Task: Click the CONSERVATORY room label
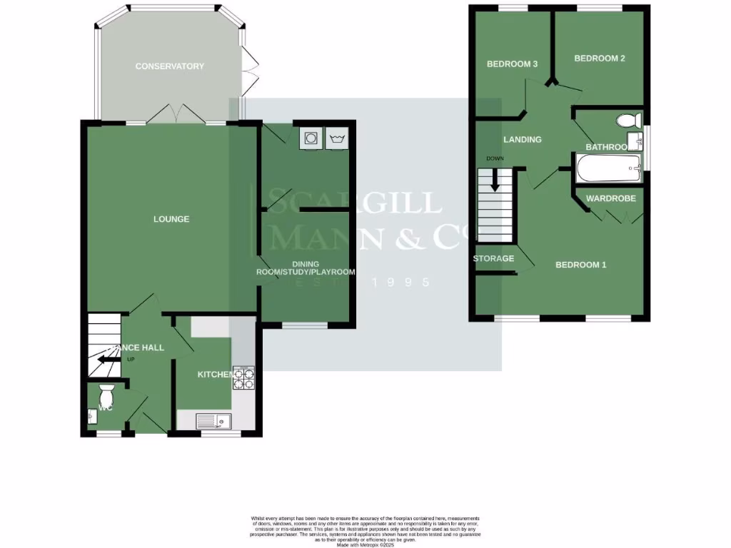[x=170, y=66]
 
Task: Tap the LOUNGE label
[x=171, y=219]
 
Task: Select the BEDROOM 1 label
[x=580, y=265]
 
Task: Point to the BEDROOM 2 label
[x=600, y=59]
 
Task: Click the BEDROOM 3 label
[x=512, y=64]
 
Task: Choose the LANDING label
[x=522, y=140]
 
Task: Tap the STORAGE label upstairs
[x=493, y=258]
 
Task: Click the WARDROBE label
[x=610, y=198]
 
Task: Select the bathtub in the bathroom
[x=607, y=171]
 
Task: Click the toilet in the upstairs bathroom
[x=631, y=120]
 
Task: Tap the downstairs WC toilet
[x=106, y=393]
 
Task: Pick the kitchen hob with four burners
[x=243, y=378]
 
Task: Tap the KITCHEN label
[x=215, y=375]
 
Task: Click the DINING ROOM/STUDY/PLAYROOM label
[x=306, y=268]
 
